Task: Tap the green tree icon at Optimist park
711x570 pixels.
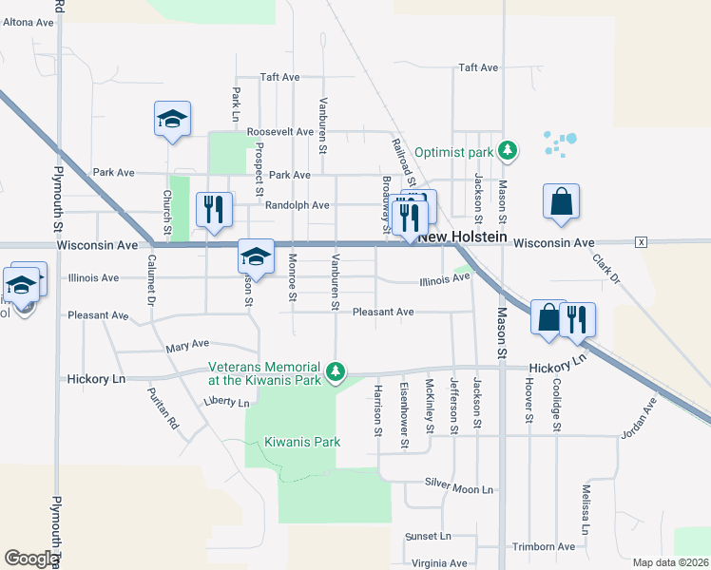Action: (509, 150)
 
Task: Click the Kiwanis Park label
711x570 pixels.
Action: (302, 442)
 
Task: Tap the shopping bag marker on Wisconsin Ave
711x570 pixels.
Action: (561, 202)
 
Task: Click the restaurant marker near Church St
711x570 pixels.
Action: (213, 210)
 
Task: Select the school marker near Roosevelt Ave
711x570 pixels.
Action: (172, 120)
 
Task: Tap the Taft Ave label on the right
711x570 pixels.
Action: (478, 67)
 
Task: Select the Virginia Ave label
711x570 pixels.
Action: (439, 563)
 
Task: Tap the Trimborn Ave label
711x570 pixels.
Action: (543, 547)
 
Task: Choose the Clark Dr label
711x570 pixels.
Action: (605, 270)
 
